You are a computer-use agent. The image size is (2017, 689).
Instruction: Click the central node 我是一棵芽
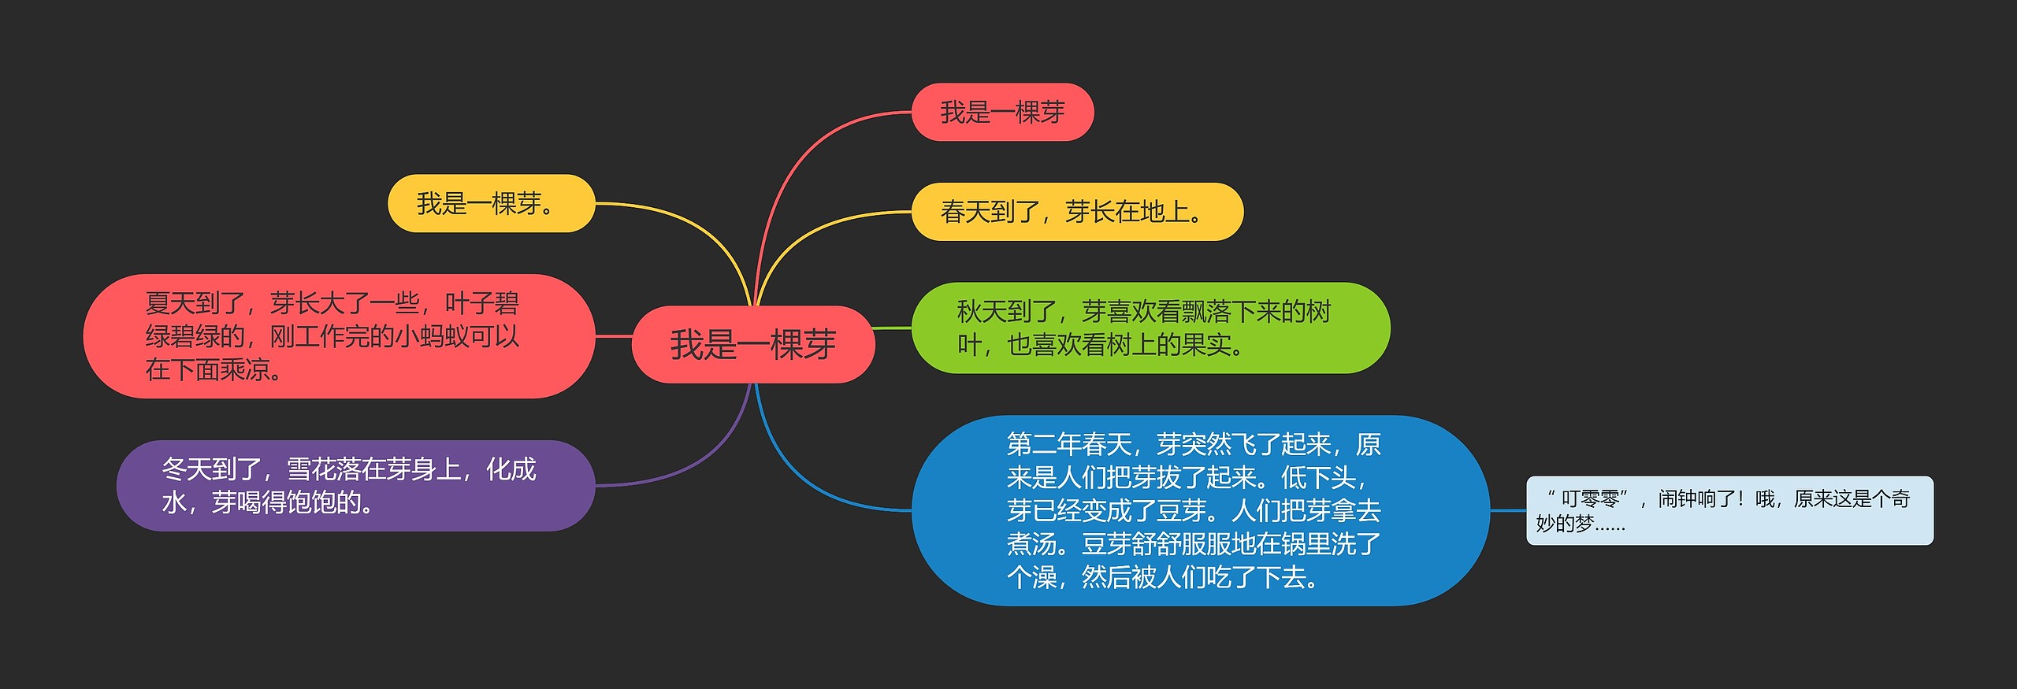pos(753,345)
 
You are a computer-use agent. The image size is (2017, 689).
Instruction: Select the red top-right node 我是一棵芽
pos(1002,113)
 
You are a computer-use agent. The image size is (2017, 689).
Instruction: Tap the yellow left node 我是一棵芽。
pos(491,204)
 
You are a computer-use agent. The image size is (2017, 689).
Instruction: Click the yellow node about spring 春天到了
pos(1076,212)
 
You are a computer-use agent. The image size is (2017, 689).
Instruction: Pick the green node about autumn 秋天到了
pos(1150,328)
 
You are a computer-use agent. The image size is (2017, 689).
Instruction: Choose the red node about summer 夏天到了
pos(339,336)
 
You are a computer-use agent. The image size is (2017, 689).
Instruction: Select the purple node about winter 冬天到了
pos(355,486)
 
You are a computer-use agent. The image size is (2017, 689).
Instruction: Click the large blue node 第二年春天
pos(1199,510)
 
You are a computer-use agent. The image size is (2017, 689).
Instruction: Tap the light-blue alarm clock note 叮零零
pos(1729,510)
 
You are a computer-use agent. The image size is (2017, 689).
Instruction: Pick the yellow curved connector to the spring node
pos(812,236)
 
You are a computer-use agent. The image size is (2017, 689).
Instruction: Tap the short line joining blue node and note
pos(1508,510)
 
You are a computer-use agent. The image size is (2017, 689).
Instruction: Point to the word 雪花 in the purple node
pos(311,469)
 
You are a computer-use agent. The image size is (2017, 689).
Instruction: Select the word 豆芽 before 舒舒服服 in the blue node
pos(1106,544)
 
